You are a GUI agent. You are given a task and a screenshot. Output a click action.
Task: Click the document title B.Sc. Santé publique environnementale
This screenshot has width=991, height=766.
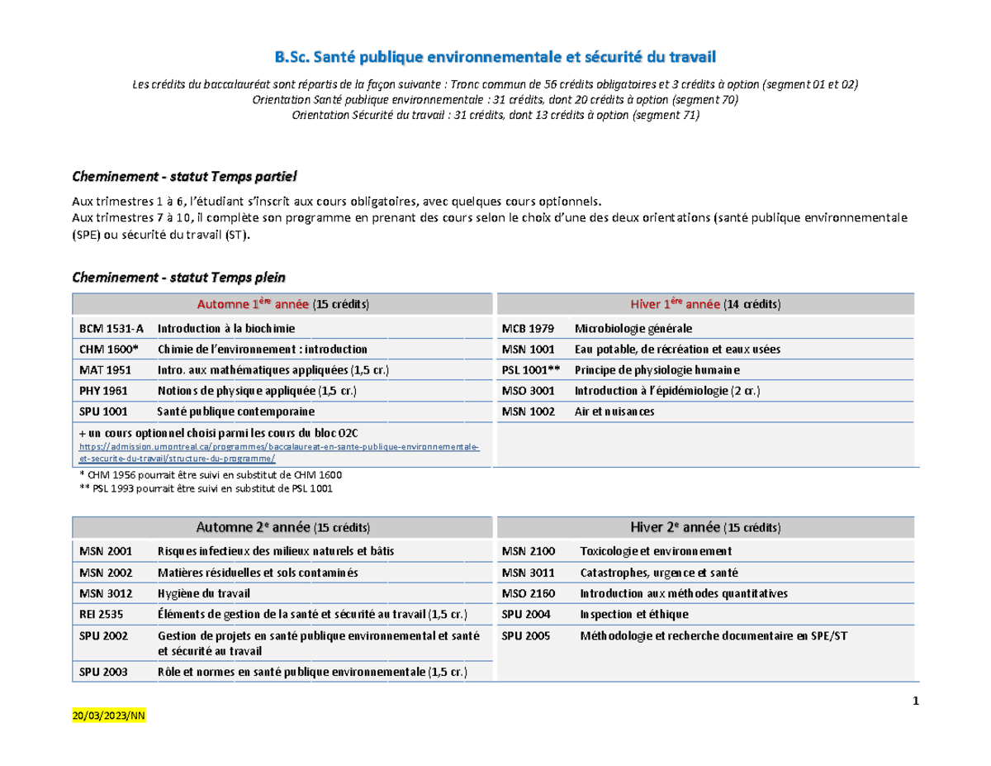[x=495, y=57]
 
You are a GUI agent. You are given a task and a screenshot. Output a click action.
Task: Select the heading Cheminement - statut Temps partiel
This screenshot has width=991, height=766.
[x=184, y=177]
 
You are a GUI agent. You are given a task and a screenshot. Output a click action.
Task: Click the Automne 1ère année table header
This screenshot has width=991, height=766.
[x=282, y=304]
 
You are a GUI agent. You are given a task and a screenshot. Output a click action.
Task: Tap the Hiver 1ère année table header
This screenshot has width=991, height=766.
[x=705, y=304]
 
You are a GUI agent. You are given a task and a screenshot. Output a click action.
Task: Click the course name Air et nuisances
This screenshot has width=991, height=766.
[x=614, y=411]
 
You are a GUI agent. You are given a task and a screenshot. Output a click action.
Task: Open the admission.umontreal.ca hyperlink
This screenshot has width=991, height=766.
[x=279, y=451]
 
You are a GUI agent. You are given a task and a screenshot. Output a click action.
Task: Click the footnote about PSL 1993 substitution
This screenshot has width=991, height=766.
[x=206, y=488]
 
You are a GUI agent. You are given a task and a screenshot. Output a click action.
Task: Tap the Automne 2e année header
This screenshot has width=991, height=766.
[x=282, y=527]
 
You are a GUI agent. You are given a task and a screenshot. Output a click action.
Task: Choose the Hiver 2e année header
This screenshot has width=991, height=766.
[x=705, y=527]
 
